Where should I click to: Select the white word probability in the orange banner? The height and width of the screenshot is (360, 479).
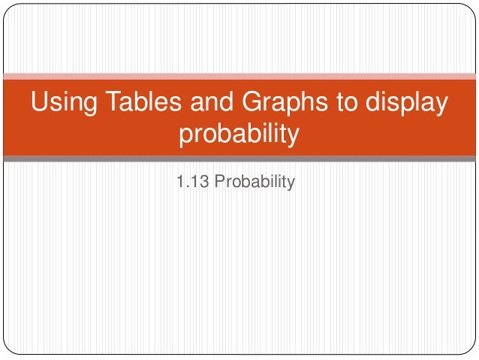point(239,135)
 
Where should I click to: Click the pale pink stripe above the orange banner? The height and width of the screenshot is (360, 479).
point(239,76)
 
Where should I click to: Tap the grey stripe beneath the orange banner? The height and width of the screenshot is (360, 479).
point(239,159)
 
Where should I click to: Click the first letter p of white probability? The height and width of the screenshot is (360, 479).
point(185,138)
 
